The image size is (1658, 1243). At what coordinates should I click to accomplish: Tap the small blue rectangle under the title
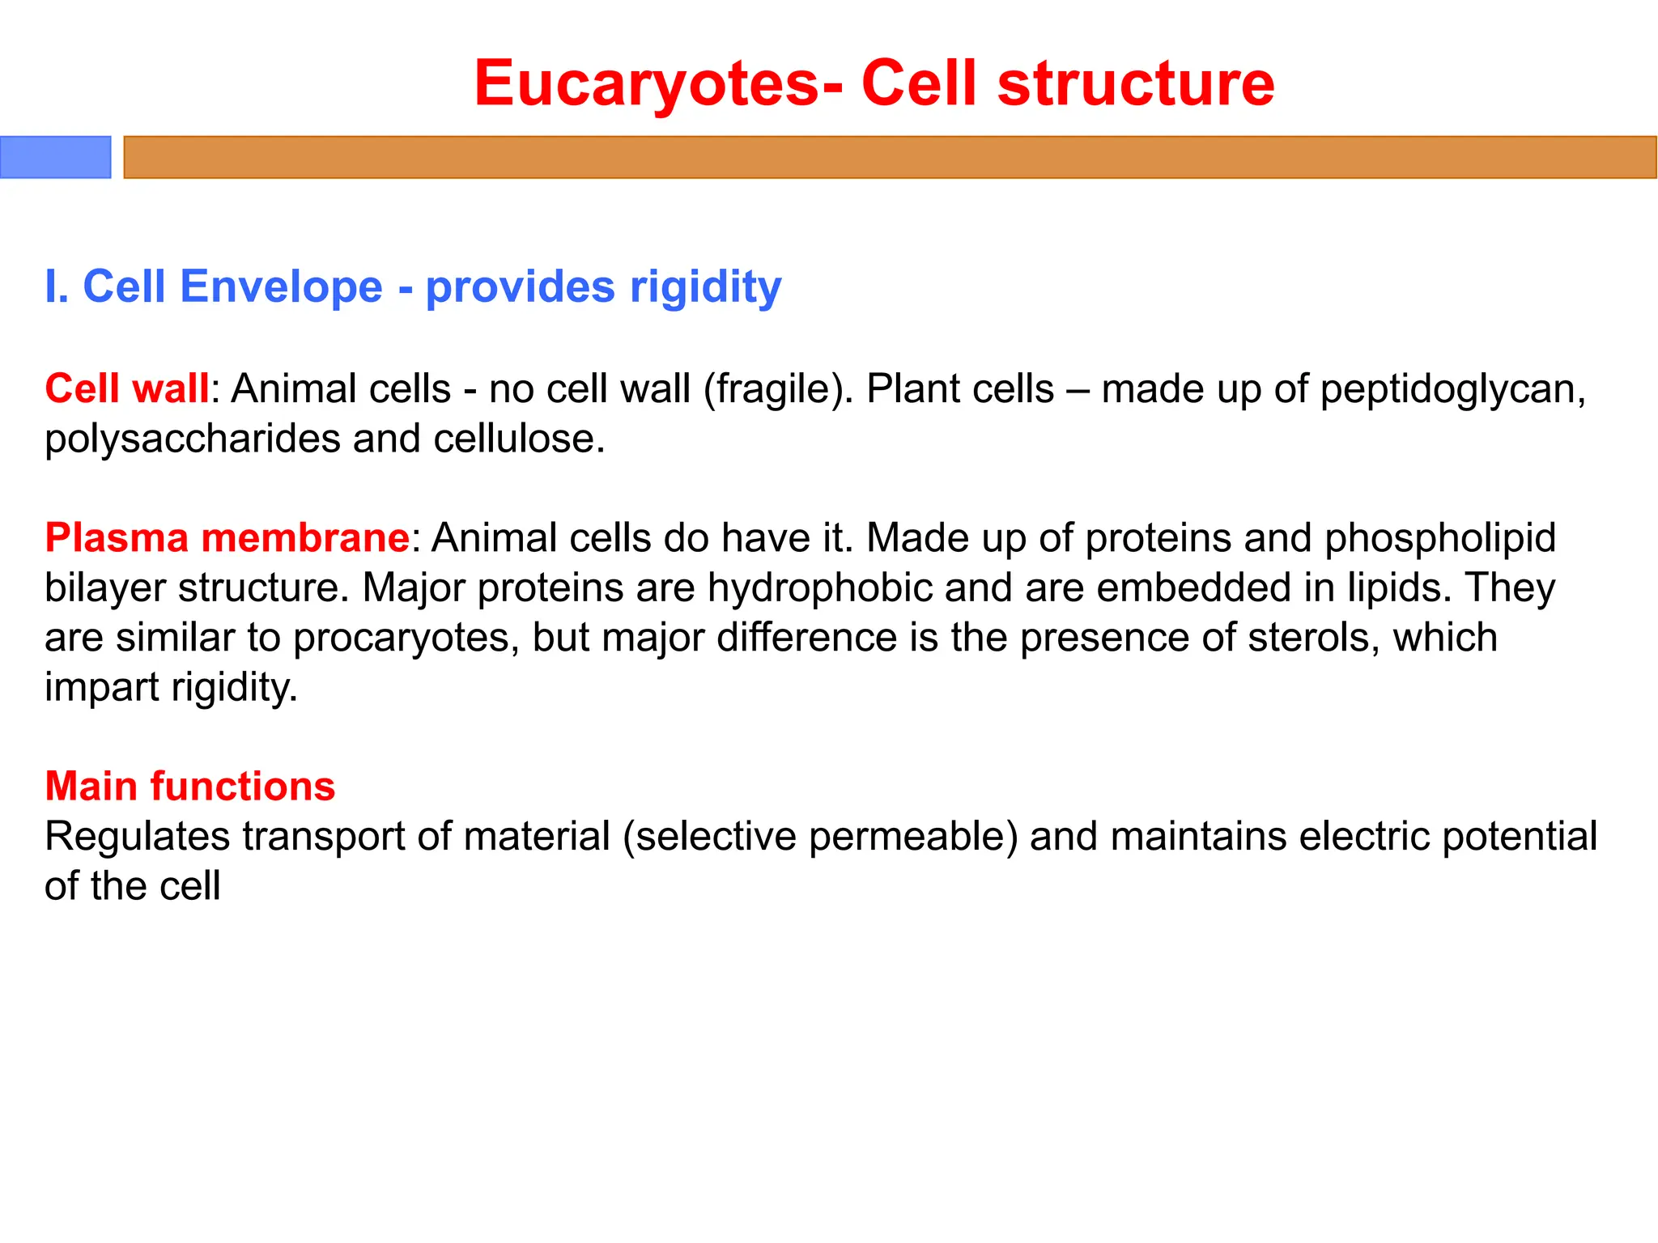tap(55, 157)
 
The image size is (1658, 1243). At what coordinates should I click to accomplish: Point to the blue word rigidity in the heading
tap(705, 288)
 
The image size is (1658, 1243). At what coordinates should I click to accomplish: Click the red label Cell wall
tap(127, 388)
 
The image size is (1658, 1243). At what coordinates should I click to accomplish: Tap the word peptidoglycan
tap(1446, 390)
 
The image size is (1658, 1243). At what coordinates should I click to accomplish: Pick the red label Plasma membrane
tap(227, 538)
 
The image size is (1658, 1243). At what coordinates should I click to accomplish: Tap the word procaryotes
tap(405, 639)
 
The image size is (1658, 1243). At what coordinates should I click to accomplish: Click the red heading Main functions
tap(189, 787)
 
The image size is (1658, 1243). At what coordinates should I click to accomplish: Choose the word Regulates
tap(137, 838)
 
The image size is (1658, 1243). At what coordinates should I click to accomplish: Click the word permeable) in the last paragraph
tap(912, 838)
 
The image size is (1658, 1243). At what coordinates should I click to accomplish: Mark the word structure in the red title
tap(1135, 84)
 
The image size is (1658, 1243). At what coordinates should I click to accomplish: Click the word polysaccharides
tap(192, 440)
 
